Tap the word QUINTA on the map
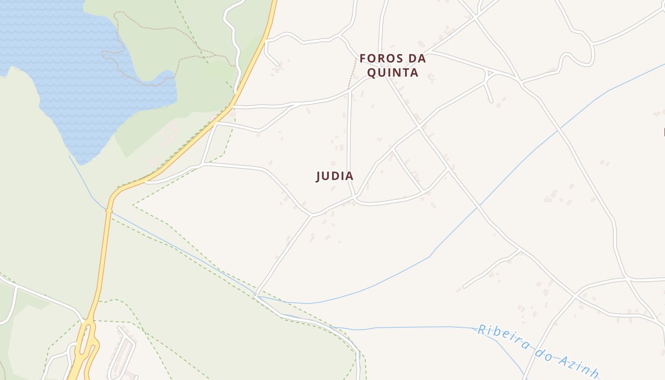392,73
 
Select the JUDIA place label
335,176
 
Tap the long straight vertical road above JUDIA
349,142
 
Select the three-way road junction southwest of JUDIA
312,215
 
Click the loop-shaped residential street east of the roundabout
123,351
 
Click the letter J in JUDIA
319,176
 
